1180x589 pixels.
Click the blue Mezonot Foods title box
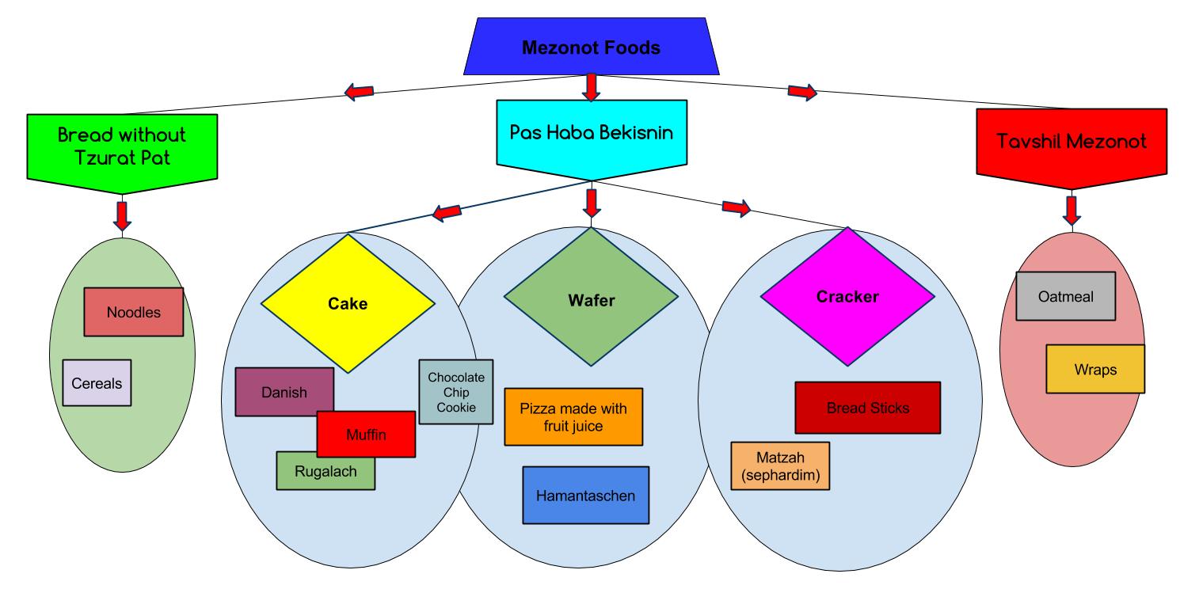(x=590, y=48)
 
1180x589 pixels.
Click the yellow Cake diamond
(x=348, y=303)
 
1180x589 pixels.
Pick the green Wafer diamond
(x=591, y=300)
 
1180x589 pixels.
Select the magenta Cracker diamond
(x=847, y=297)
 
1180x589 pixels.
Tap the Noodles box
(x=133, y=312)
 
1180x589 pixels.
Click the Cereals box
(x=97, y=382)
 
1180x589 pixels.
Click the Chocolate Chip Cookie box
(x=455, y=392)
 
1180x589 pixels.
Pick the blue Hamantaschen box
(x=585, y=496)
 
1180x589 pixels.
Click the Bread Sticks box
(x=867, y=408)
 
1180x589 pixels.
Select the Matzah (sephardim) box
(x=779, y=466)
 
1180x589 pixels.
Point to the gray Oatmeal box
(x=1065, y=296)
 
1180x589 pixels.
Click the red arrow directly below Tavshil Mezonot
(x=1072, y=209)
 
